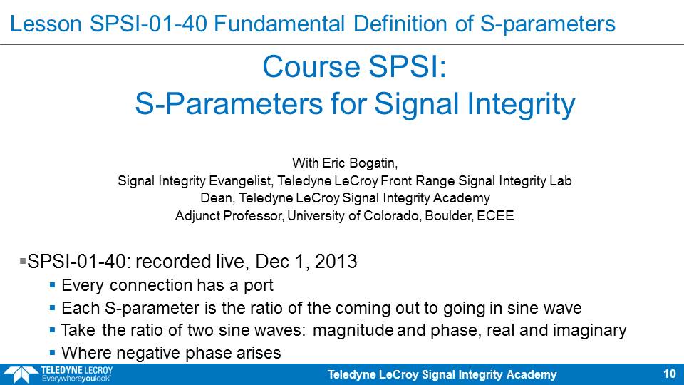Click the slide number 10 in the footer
pos(670,374)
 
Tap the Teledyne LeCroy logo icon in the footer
pos(21,375)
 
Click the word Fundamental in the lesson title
pos(279,24)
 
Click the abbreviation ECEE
pos(495,215)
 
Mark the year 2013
pos(336,262)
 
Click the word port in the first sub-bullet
pos(258,286)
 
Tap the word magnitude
pos(353,330)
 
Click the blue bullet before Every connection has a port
pos(52,285)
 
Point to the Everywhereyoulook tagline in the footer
pos(76,379)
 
